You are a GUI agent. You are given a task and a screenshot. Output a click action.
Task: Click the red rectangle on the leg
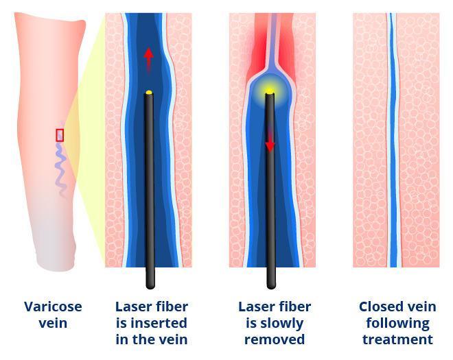coord(60,135)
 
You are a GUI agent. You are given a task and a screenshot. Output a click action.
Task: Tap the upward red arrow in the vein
coord(148,61)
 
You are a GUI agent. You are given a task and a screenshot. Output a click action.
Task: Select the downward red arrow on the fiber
coord(270,137)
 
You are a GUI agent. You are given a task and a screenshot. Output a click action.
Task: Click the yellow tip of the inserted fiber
coord(149,93)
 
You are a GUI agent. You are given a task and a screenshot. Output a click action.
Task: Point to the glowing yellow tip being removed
coord(270,91)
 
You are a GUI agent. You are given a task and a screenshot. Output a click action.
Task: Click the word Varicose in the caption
coord(53,307)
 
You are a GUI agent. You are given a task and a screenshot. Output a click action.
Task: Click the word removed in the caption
coord(275,339)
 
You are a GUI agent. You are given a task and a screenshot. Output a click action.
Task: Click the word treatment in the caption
coord(397,340)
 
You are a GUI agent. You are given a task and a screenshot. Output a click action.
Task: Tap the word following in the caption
coord(397,324)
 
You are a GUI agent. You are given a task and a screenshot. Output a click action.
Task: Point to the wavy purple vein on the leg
coord(61,162)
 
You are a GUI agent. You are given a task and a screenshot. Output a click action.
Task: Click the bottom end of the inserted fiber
coord(150,287)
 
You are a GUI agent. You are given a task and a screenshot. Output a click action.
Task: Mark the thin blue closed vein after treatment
coord(393,140)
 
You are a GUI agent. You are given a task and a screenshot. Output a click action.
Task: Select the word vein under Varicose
coord(53,323)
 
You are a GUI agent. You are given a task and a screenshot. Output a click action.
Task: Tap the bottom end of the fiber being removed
coord(271,287)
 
